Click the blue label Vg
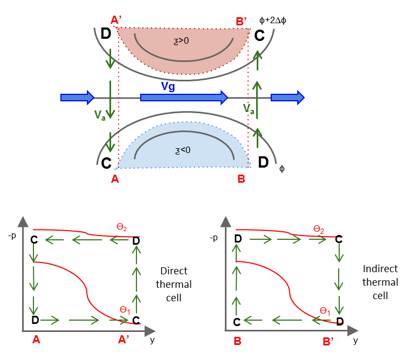pyautogui.click(x=168, y=86)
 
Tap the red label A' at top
pyautogui.click(x=116, y=20)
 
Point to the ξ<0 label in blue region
pyautogui.click(x=183, y=150)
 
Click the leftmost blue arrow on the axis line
pyautogui.click(x=77, y=98)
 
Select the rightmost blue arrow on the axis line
pyautogui.click(x=287, y=98)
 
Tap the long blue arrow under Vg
pyautogui.click(x=184, y=98)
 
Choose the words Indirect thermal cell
pyautogui.click(x=380, y=282)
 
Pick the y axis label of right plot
pyautogui.click(x=355, y=340)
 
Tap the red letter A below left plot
pyautogui.click(x=36, y=340)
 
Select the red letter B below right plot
pyautogui.click(x=237, y=340)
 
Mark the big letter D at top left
pyautogui.click(x=106, y=33)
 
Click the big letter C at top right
pyautogui.click(x=259, y=36)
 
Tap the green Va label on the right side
pyautogui.click(x=249, y=109)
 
